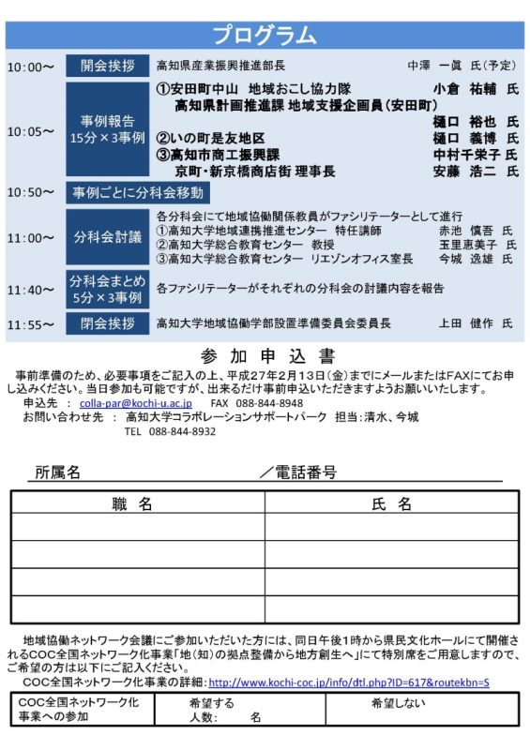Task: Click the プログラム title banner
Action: [x=265, y=36]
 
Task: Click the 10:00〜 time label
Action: [x=31, y=67]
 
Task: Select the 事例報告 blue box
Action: [x=107, y=129]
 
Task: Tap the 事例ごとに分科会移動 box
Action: [x=138, y=193]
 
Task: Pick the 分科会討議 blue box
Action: [x=107, y=236]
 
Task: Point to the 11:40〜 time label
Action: [x=31, y=290]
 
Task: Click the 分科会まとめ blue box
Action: [x=107, y=289]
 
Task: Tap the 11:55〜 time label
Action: [x=31, y=324]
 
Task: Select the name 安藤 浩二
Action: [x=464, y=172]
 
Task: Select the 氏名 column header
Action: [x=392, y=504]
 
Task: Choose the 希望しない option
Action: [x=398, y=703]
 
